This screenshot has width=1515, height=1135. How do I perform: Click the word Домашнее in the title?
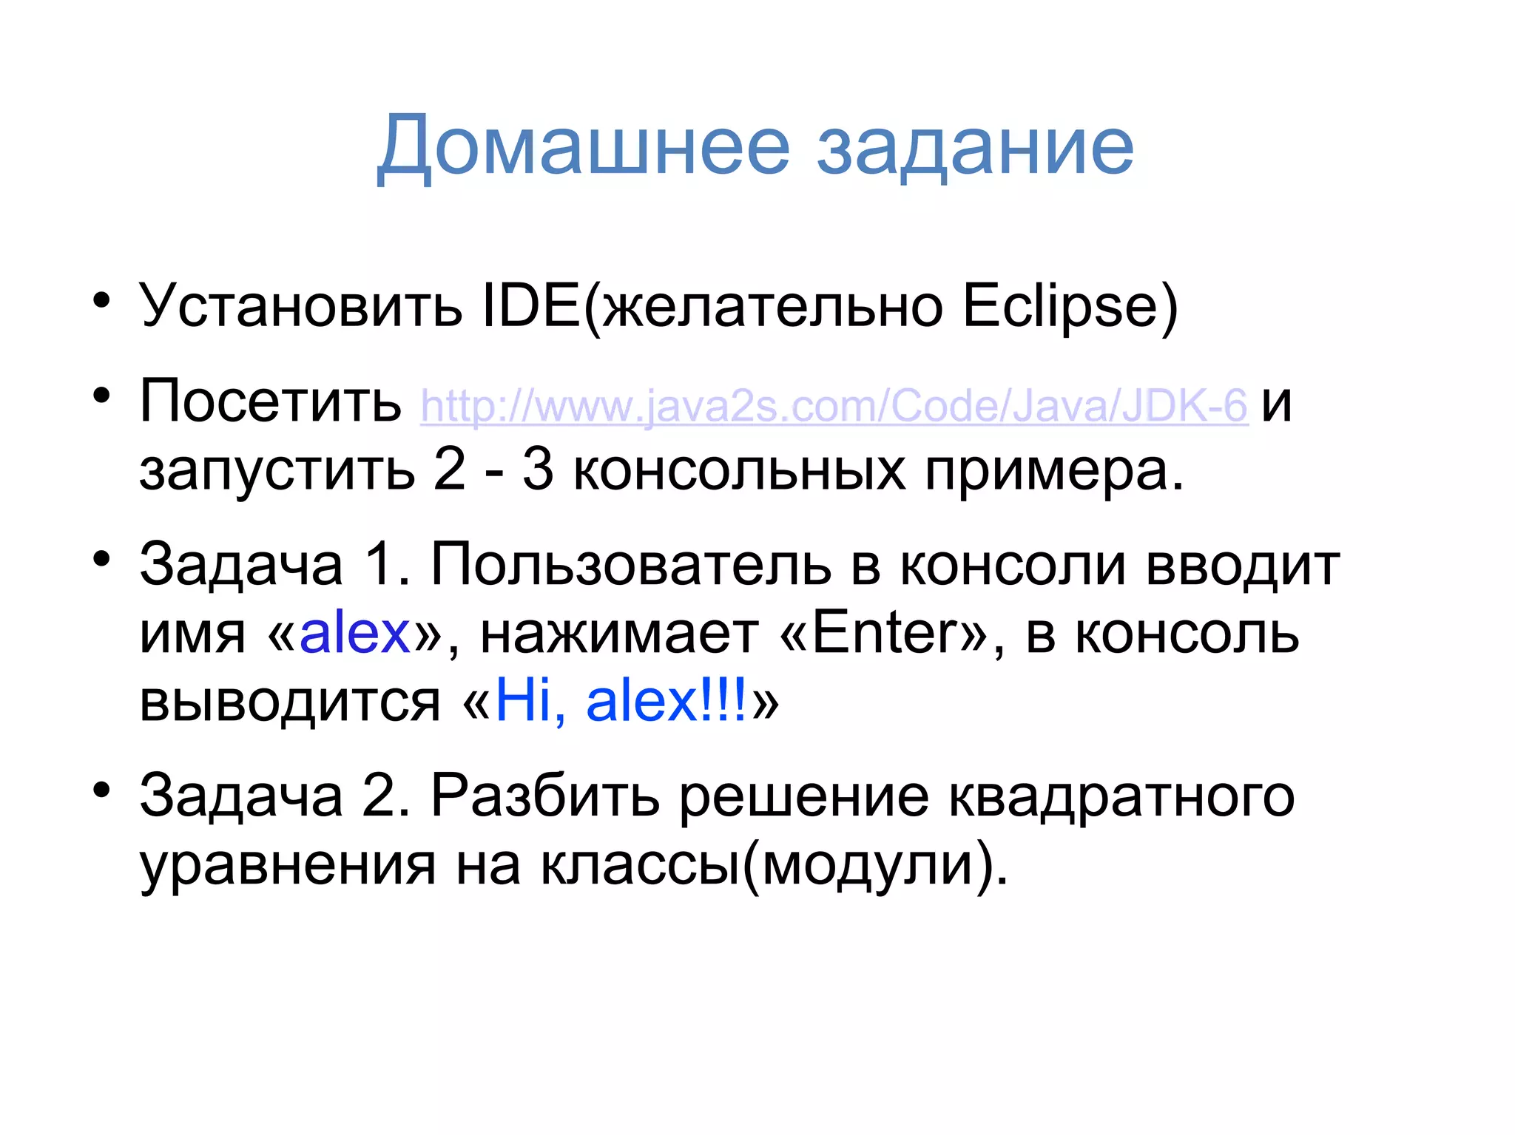584,146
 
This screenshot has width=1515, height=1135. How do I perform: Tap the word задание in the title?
974,146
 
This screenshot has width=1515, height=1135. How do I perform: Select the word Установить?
300,305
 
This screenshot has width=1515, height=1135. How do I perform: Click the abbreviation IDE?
530,305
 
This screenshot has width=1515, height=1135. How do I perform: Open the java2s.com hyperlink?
834,405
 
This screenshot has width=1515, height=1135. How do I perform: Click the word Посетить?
270,402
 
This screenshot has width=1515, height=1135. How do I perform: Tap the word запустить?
277,472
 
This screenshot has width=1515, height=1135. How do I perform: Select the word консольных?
739,470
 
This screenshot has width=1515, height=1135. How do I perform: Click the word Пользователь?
630,564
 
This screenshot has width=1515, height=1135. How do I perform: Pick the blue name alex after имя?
354,633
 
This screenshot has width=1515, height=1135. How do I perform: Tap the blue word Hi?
530,701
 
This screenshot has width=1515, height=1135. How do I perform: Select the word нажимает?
619,634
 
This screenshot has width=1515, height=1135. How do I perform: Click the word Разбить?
545,796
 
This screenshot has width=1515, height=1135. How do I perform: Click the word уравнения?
288,865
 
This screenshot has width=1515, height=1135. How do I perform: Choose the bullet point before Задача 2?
101,789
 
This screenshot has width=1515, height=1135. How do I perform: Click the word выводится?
289,701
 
